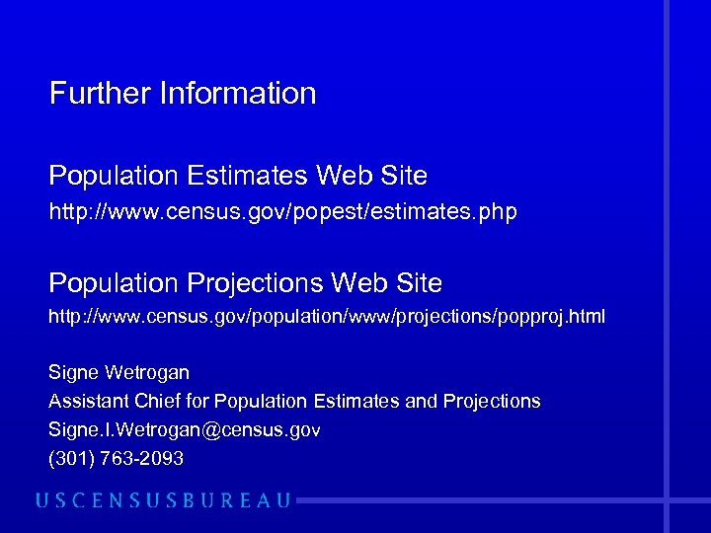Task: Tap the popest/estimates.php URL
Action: click(282, 212)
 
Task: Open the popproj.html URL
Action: click(327, 318)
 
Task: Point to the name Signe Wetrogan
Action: click(118, 373)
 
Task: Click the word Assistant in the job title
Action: click(89, 402)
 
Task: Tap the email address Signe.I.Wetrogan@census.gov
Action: click(185, 430)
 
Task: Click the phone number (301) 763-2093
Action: click(116, 459)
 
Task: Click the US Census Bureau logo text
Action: click(164, 500)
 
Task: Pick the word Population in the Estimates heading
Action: click(110, 177)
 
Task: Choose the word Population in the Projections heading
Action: click(110, 283)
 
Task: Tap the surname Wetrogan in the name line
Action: click(145, 373)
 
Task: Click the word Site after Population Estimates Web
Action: click(404, 177)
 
